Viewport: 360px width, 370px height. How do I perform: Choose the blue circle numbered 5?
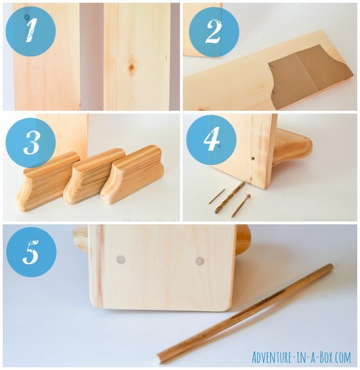point(31,252)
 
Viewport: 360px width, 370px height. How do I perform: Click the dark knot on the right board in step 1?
point(131,68)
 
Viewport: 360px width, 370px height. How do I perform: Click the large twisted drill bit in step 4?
point(230,197)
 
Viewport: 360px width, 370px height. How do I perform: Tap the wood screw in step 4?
point(241,205)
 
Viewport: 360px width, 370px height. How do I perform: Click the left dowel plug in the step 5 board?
point(121,259)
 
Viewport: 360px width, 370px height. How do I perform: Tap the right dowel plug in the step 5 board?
point(200,261)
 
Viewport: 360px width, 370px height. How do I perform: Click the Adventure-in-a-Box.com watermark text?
point(301,357)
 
